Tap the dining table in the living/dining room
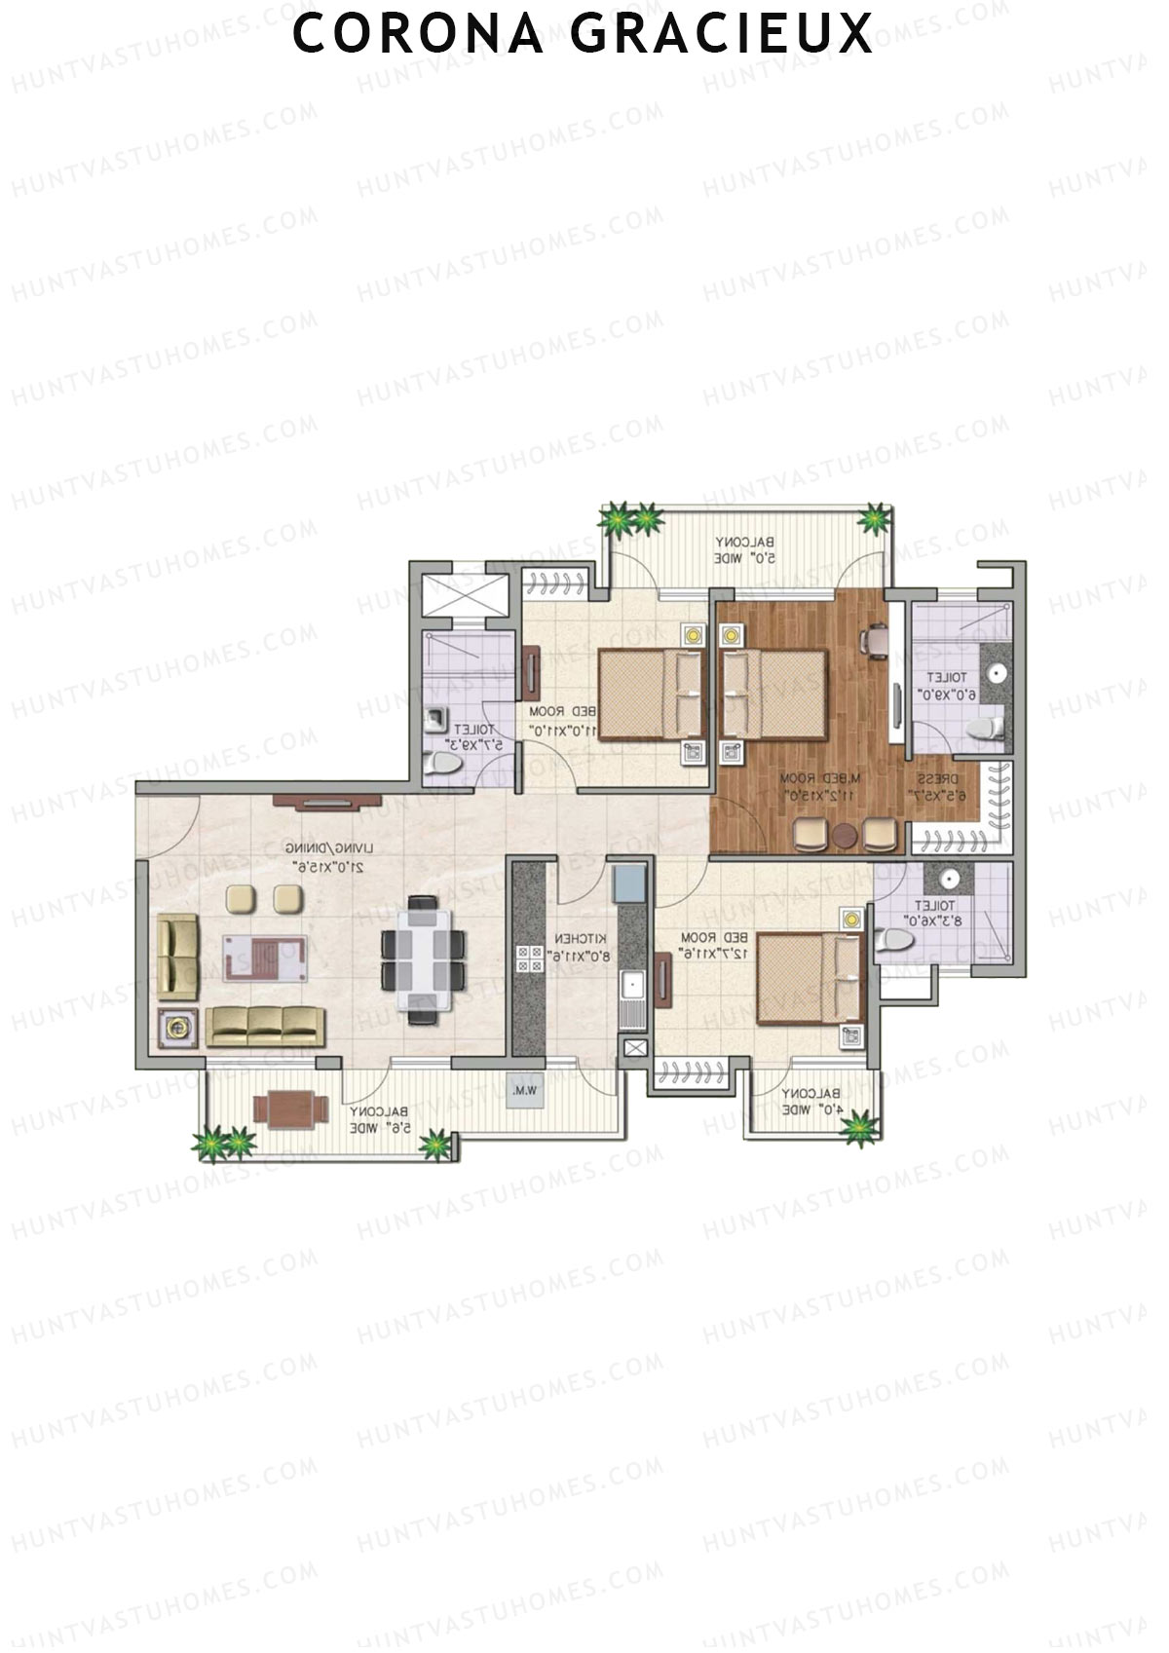422,959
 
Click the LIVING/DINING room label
324,855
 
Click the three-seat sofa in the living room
264,1027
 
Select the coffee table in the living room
266,956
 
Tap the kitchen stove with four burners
530,958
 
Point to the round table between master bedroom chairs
844,835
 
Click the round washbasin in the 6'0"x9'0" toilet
996,672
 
